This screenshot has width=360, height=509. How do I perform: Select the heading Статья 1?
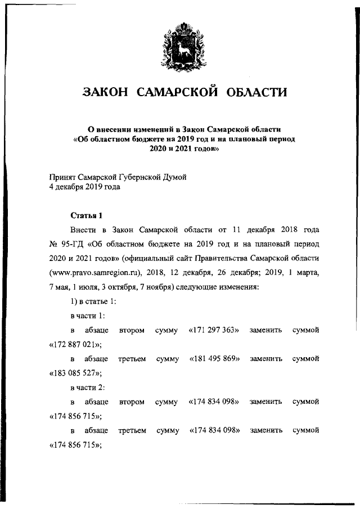click(x=86, y=215)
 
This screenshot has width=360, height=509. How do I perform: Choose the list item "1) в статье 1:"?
click(x=93, y=301)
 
